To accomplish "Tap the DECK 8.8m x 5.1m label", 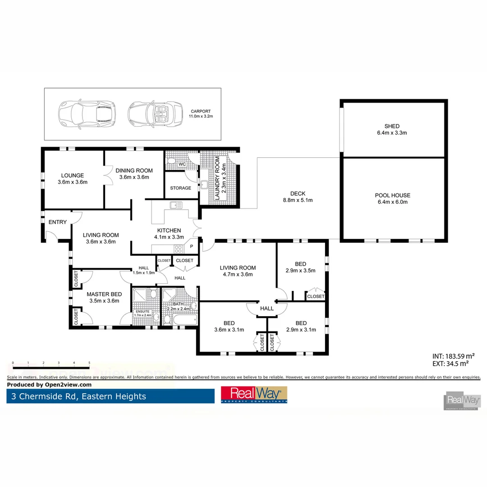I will click(298, 197).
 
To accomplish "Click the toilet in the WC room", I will click(172, 161).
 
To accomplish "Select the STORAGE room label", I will click(180, 188).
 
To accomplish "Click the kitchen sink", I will click(175, 206).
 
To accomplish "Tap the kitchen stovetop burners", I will click(179, 248).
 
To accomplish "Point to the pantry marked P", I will click(191, 247).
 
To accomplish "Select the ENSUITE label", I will click(143, 312).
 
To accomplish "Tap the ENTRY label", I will click(57, 222).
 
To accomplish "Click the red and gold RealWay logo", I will click(254, 395).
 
